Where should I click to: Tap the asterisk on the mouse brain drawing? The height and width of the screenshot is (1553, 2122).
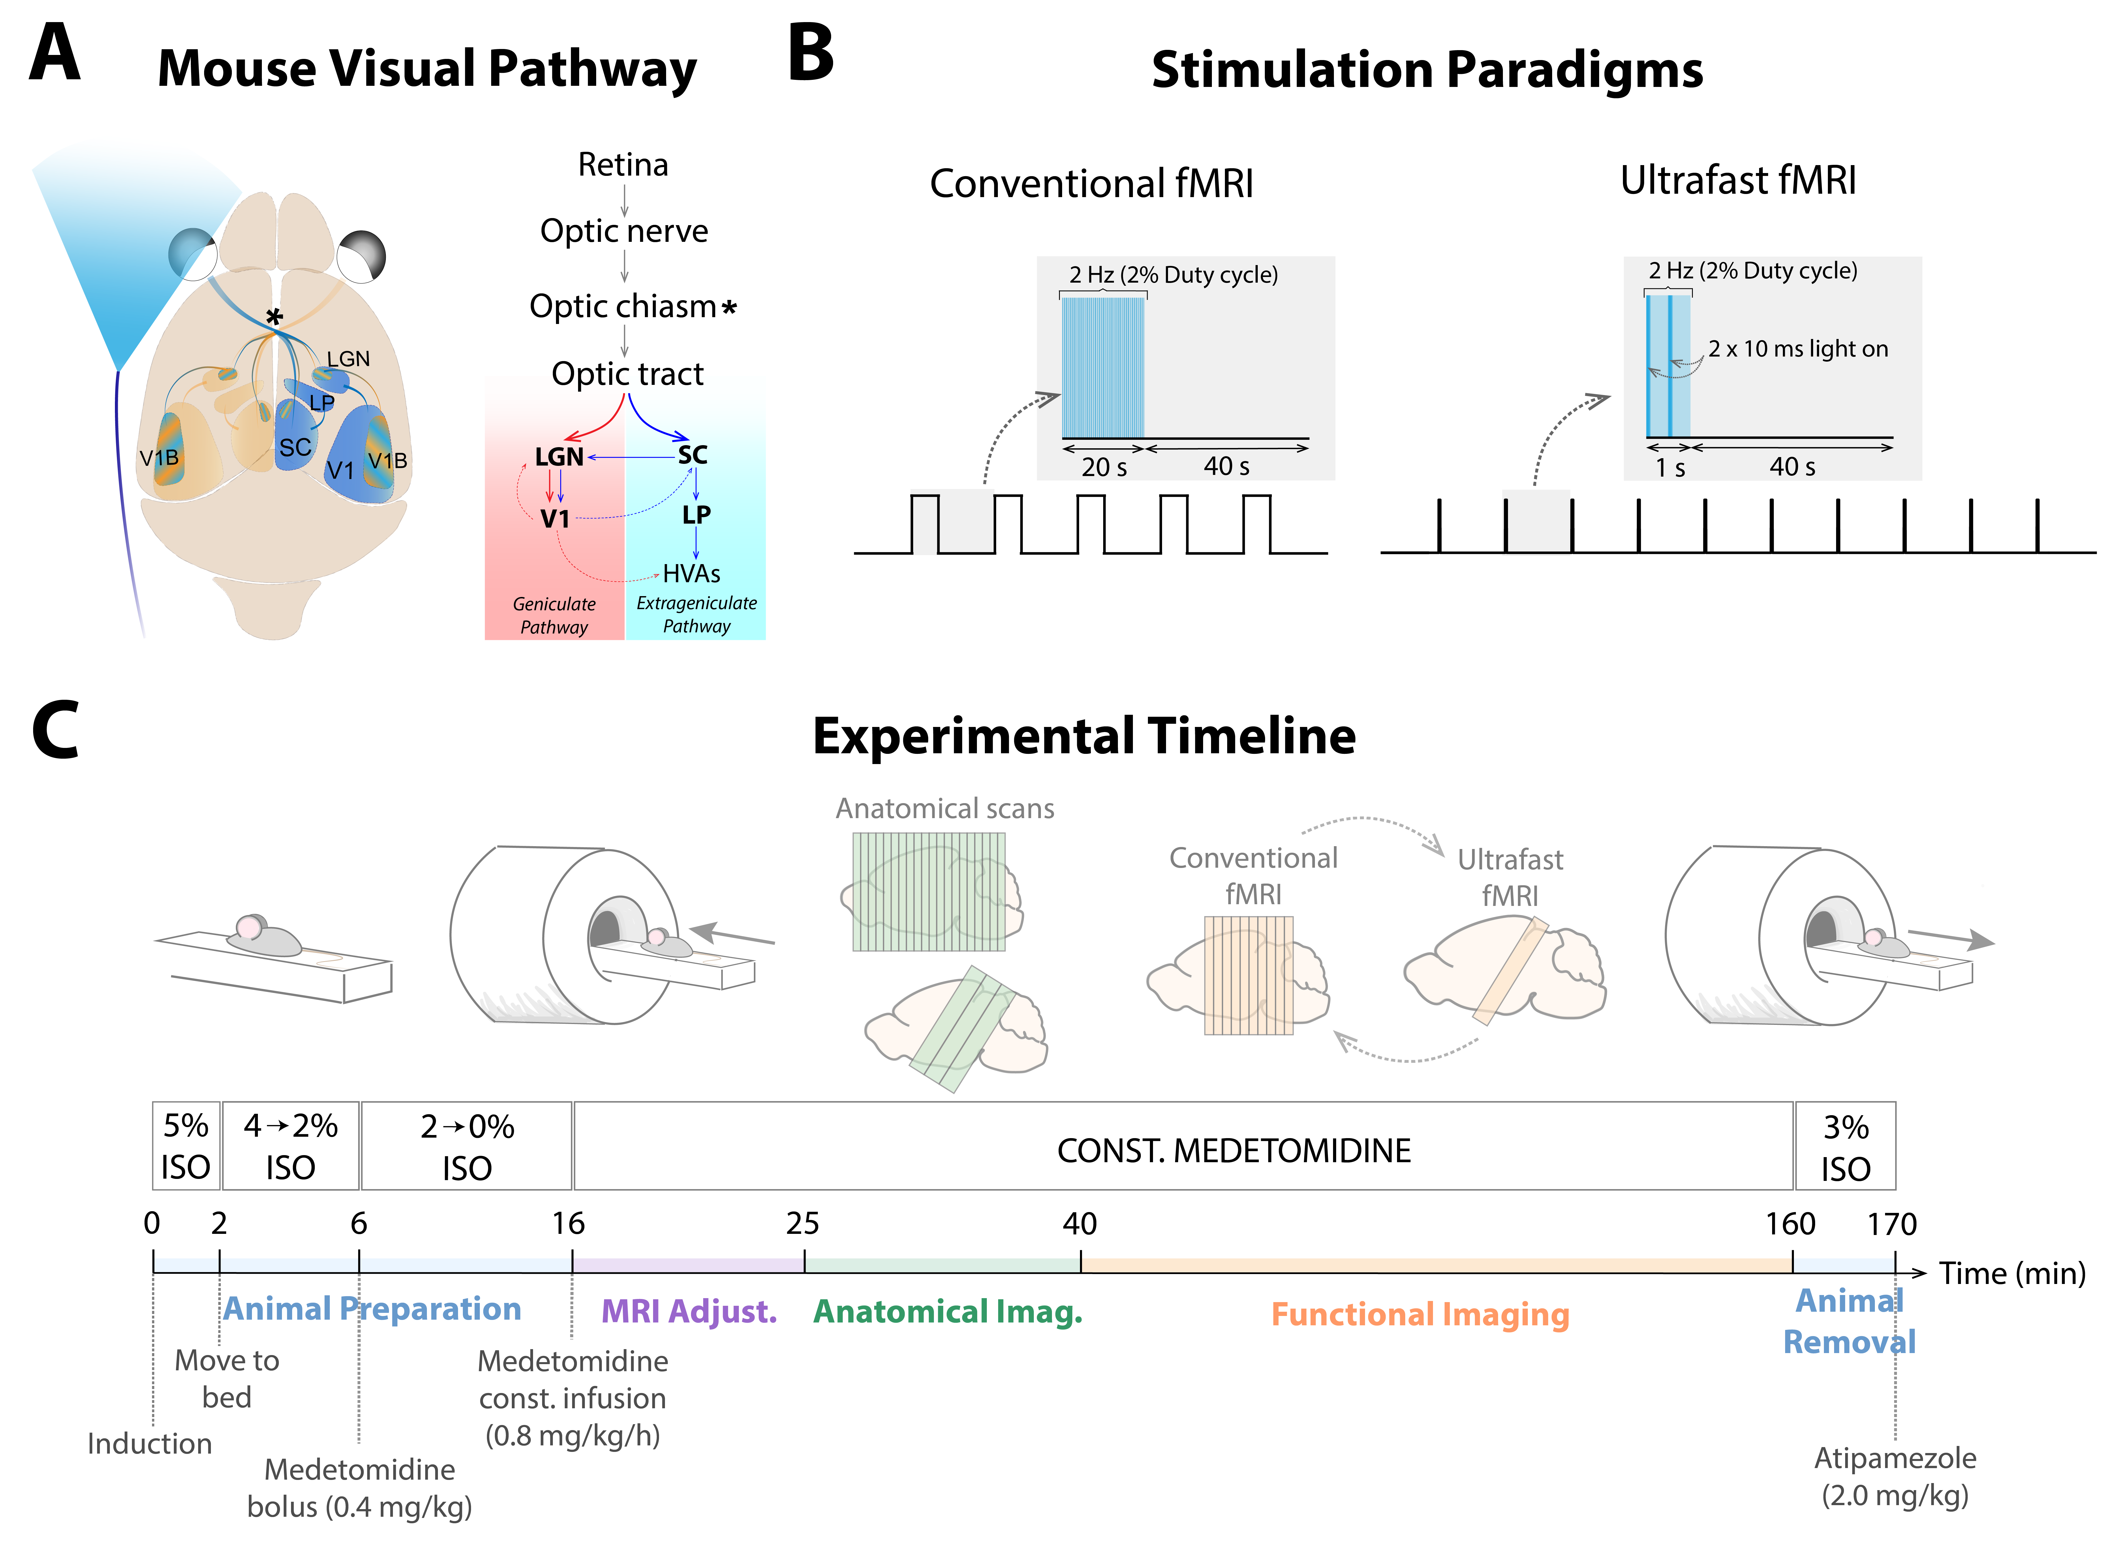click(273, 317)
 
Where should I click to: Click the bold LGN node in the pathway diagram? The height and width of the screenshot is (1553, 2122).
click(559, 457)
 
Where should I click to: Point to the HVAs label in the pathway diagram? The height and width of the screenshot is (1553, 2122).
click(692, 573)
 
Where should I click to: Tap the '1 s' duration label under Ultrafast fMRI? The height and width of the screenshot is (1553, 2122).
click(1670, 467)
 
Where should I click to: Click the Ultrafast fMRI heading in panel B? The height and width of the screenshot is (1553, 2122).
click(1738, 180)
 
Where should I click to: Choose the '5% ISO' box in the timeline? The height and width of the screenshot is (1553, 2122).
click(186, 1146)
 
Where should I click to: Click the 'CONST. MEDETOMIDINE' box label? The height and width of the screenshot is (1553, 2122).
click(1234, 1151)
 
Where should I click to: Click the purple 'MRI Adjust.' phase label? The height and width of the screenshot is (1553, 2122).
click(689, 1311)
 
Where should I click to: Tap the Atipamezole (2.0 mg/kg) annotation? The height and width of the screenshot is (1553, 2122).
click(1895, 1476)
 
